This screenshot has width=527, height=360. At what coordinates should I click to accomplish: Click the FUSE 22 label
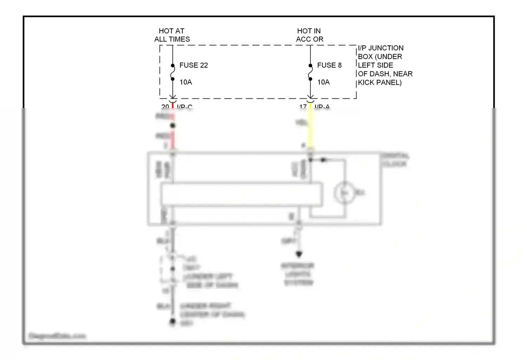point(193,65)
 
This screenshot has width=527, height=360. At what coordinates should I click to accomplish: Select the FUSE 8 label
point(329,65)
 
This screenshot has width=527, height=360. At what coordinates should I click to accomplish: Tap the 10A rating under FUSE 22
point(186,82)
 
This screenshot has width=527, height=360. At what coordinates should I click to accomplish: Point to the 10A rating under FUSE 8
point(323,82)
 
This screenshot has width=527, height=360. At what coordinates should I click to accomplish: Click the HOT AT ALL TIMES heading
point(172,35)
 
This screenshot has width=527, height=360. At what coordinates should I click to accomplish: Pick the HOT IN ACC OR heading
point(310,35)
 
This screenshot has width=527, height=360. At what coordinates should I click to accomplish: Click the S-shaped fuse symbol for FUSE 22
point(173,72)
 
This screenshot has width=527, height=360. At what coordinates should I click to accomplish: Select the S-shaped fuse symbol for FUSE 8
point(310,72)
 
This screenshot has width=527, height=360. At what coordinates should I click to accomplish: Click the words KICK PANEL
point(379,83)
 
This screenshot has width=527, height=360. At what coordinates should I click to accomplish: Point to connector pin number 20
point(165,106)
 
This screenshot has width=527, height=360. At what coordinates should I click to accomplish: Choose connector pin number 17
point(303,106)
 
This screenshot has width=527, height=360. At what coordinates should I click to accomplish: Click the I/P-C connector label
point(184,106)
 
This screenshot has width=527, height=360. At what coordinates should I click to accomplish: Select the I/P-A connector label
point(322,106)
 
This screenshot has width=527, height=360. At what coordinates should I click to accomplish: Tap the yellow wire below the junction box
point(310,130)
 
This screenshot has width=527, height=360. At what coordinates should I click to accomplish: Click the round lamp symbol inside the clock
point(344,193)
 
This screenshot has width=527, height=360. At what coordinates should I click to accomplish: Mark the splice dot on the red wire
point(173,126)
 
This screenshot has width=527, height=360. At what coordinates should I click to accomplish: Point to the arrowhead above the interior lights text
point(299,254)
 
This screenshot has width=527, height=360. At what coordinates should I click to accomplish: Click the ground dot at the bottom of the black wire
point(173,321)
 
